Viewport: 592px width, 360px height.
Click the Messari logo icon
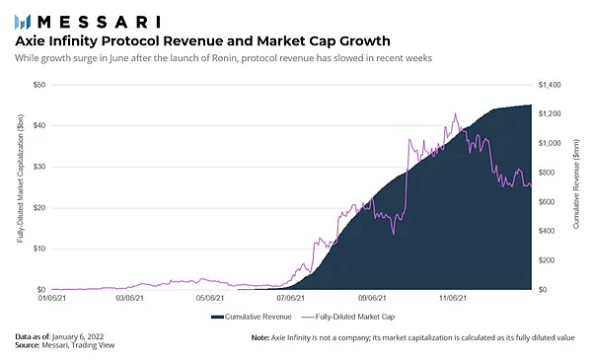[23, 22]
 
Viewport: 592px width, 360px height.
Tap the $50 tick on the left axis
[39, 85]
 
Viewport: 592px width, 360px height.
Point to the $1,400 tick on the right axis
[550, 85]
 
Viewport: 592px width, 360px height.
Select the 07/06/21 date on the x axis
[290, 298]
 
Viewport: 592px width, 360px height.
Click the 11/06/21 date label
[453, 298]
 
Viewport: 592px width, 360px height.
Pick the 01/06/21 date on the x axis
[52, 298]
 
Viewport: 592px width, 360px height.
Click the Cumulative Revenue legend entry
[252, 317]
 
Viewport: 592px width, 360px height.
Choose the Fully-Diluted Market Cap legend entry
[348, 317]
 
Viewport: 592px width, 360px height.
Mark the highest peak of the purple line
[455, 113]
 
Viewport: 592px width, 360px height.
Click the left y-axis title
[21, 179]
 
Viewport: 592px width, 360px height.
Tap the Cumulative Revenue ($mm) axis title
[576, 183]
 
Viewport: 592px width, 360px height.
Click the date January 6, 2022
[78, 336]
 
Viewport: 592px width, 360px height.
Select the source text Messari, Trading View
[78, 345]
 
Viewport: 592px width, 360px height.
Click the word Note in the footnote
[260, 337]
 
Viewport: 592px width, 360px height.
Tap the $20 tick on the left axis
[39, 208]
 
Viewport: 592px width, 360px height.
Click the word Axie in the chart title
[30, 40]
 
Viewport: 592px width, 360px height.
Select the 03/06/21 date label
[130, 298]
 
